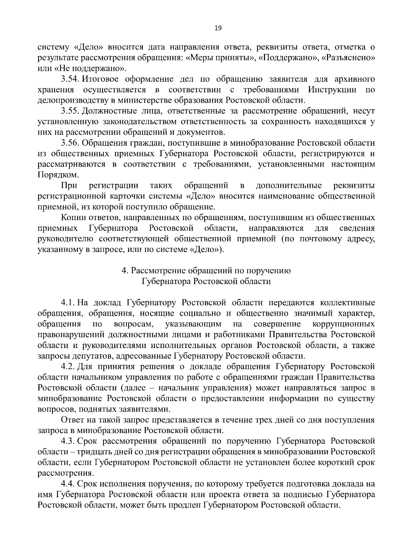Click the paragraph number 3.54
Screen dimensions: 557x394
(70, 79)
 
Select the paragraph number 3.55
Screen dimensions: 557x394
(70, 111)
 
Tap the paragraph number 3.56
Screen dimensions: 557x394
(70, 143)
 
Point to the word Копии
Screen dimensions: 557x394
(71, 218)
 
